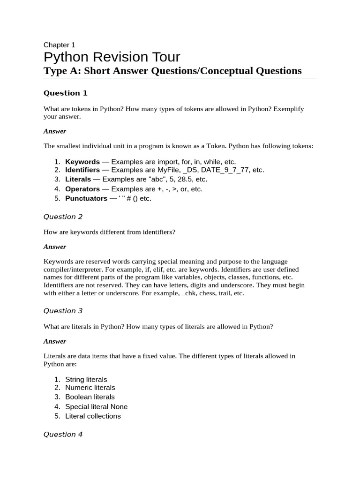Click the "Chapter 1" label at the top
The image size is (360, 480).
[59, 45]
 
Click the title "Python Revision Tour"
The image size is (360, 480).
[112, 57]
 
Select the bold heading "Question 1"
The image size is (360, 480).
[65, 93]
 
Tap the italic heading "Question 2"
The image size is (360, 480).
[63, 217]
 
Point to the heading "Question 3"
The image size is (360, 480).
[63, 311]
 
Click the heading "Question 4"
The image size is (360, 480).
[63, 435]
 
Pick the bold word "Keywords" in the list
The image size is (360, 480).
[82, 162]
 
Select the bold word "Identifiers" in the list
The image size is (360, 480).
[82, 170]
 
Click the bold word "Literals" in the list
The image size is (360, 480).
[78, 179]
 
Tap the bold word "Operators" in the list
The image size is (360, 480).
[82, 189]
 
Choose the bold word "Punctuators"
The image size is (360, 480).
[86, 198]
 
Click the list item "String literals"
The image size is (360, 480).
[86, 379]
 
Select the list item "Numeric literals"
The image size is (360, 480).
[90, 388]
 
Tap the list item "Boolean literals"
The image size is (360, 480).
[90, 397]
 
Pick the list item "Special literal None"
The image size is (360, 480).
[96, 407]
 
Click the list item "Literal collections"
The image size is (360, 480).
[93, 416]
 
